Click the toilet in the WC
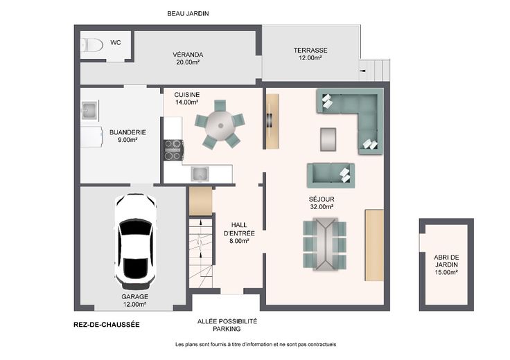[91, 45]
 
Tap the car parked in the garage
[136, 241]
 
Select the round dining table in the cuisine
[220, 125]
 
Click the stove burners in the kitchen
[173, 150]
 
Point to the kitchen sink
[200, 174]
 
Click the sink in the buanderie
[89, 111]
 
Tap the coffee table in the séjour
[328, 139]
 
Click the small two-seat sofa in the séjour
[331, 175]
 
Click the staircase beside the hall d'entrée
[201, 253]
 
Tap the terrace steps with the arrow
[374, 70]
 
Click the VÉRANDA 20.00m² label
[188, 58]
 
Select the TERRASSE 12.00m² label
[310, 54]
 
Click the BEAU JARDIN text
[188, 14]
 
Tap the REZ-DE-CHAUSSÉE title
[107, 325]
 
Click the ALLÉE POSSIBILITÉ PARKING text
[227, 325]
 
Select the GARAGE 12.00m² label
[134, 300]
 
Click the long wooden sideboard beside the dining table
[374, 245]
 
